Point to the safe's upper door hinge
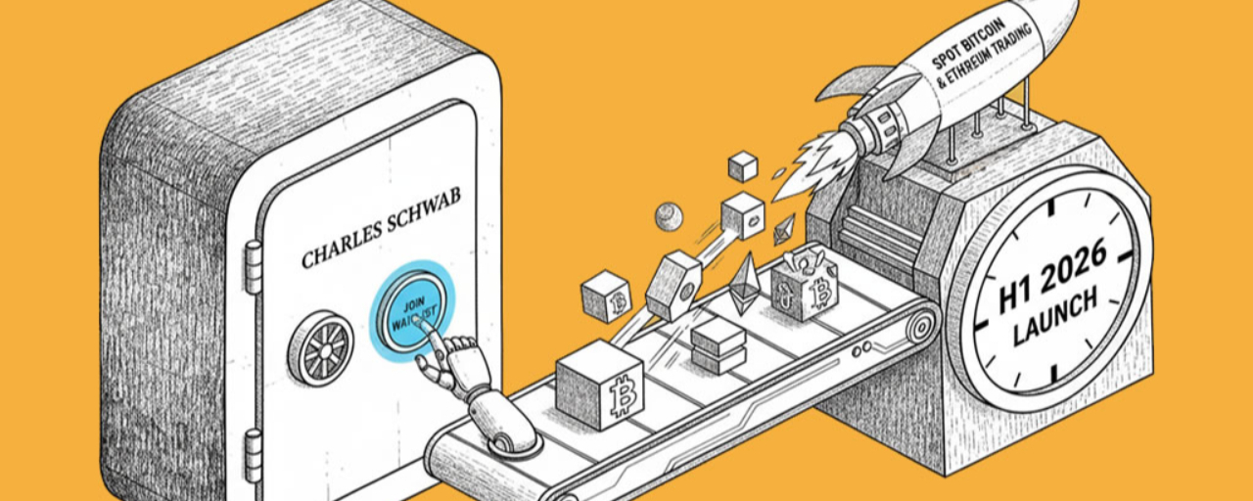point(253,267)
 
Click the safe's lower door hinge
point(253,454)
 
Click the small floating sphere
point(669,215)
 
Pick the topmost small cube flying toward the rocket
point(744,166)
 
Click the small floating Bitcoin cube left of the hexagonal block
point(606,296)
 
